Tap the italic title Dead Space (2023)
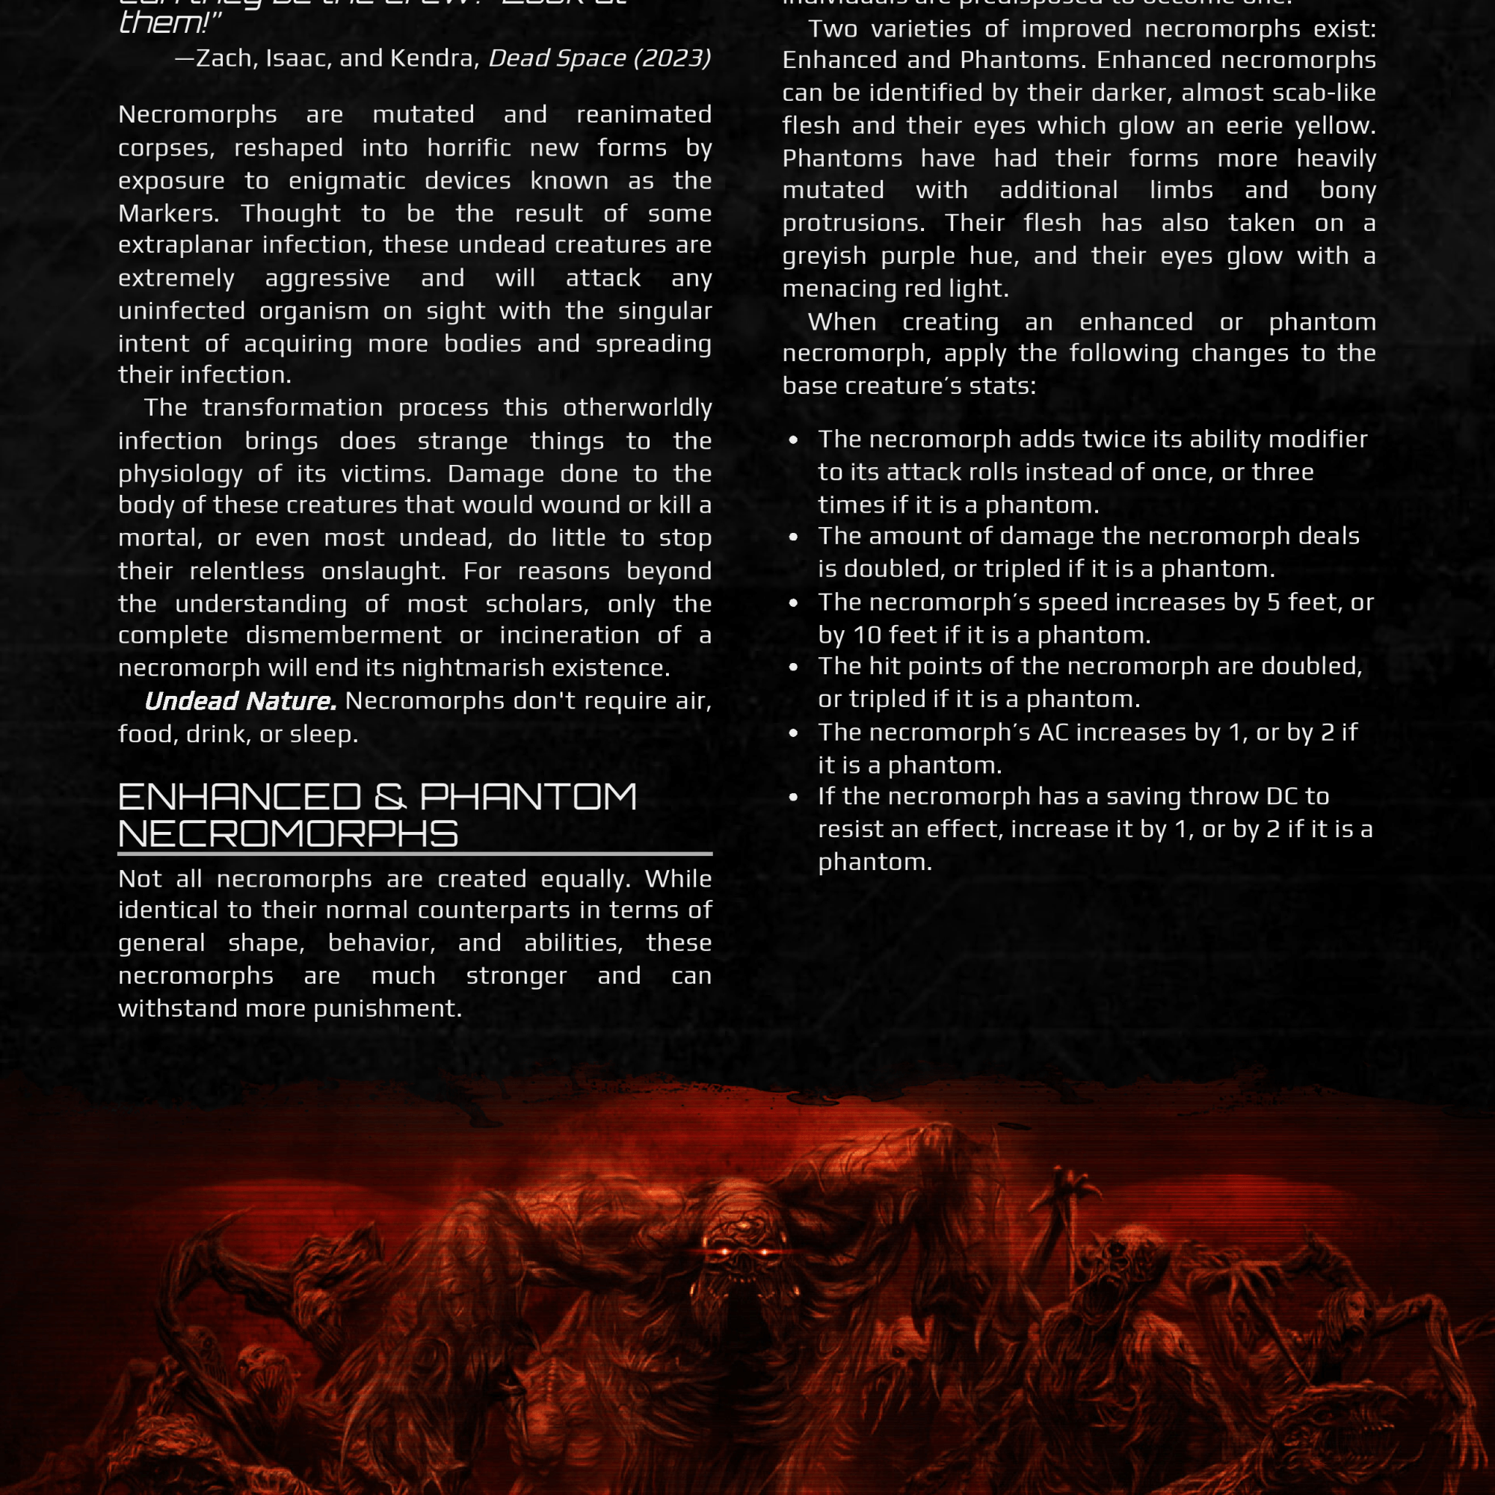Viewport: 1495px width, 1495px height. coord(599,58)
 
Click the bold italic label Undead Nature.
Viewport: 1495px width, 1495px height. coord(240,701)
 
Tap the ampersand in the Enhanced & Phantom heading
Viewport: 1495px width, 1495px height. coord(390,797)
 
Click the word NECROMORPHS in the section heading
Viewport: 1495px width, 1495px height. coord(288,834)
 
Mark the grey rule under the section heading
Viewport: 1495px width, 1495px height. coord(415,854)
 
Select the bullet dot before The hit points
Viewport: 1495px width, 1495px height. coord(793,668)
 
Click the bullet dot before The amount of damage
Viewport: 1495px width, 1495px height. coord(793,537)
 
